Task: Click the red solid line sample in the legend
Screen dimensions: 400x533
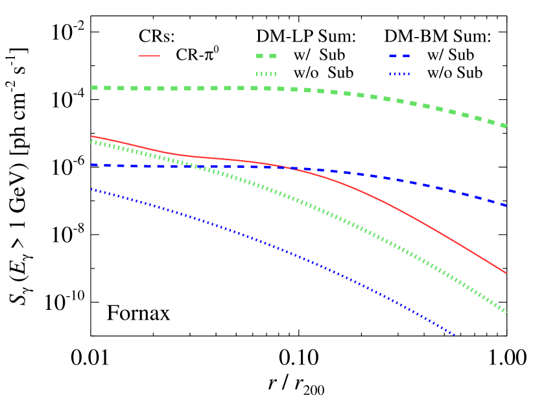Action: (x=149, y=56)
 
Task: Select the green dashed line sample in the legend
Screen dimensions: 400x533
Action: (x=266, y=56)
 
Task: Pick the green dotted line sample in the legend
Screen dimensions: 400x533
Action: (x=266, y=74)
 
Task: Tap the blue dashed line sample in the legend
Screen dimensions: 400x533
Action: (x=399, y=56)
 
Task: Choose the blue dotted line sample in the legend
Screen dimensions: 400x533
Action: (x=399, y=74)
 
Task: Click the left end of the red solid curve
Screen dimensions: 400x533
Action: (x=91, y=136)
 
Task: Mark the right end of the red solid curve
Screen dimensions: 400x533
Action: (x=506, y=273)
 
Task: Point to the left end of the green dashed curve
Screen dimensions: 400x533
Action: (x=91, y=88)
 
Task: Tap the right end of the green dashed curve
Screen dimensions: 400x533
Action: (x=506, y=126)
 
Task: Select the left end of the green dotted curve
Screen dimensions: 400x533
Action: (x=91, y=141)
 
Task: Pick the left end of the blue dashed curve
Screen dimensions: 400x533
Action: (x=91, y=165)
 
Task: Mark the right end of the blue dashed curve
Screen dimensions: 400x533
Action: (x=506, y=206)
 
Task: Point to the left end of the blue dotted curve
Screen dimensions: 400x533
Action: (x=91, y=189)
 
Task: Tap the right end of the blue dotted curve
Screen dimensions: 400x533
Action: (x=455, y=335)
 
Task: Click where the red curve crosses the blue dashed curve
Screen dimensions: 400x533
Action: (x=283, y=167)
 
